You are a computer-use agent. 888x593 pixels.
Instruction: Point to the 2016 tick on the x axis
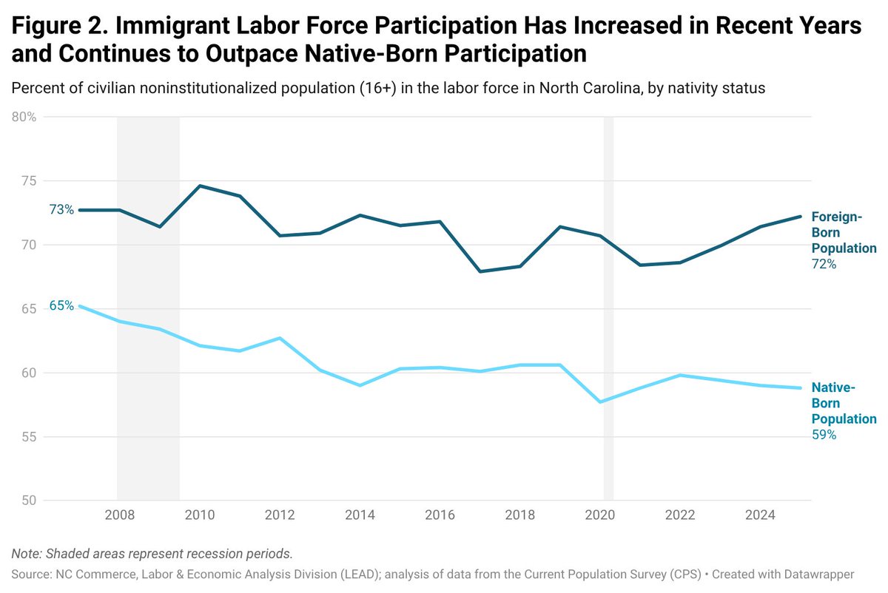pos(440,514)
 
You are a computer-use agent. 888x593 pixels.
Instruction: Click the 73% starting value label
pos(61,210)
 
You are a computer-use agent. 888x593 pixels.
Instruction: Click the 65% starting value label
pos(61,305)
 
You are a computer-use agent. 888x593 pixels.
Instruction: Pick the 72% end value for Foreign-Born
pos(824,264)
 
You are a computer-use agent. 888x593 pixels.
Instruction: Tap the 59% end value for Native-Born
pos(824,435)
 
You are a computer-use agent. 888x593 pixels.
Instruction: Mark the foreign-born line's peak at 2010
pos(200,186)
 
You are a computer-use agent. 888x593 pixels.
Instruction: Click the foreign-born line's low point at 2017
pos(480,271)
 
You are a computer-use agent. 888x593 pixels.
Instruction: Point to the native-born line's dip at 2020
pos(600,401)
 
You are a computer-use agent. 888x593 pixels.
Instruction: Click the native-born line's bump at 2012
pos(280,338)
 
